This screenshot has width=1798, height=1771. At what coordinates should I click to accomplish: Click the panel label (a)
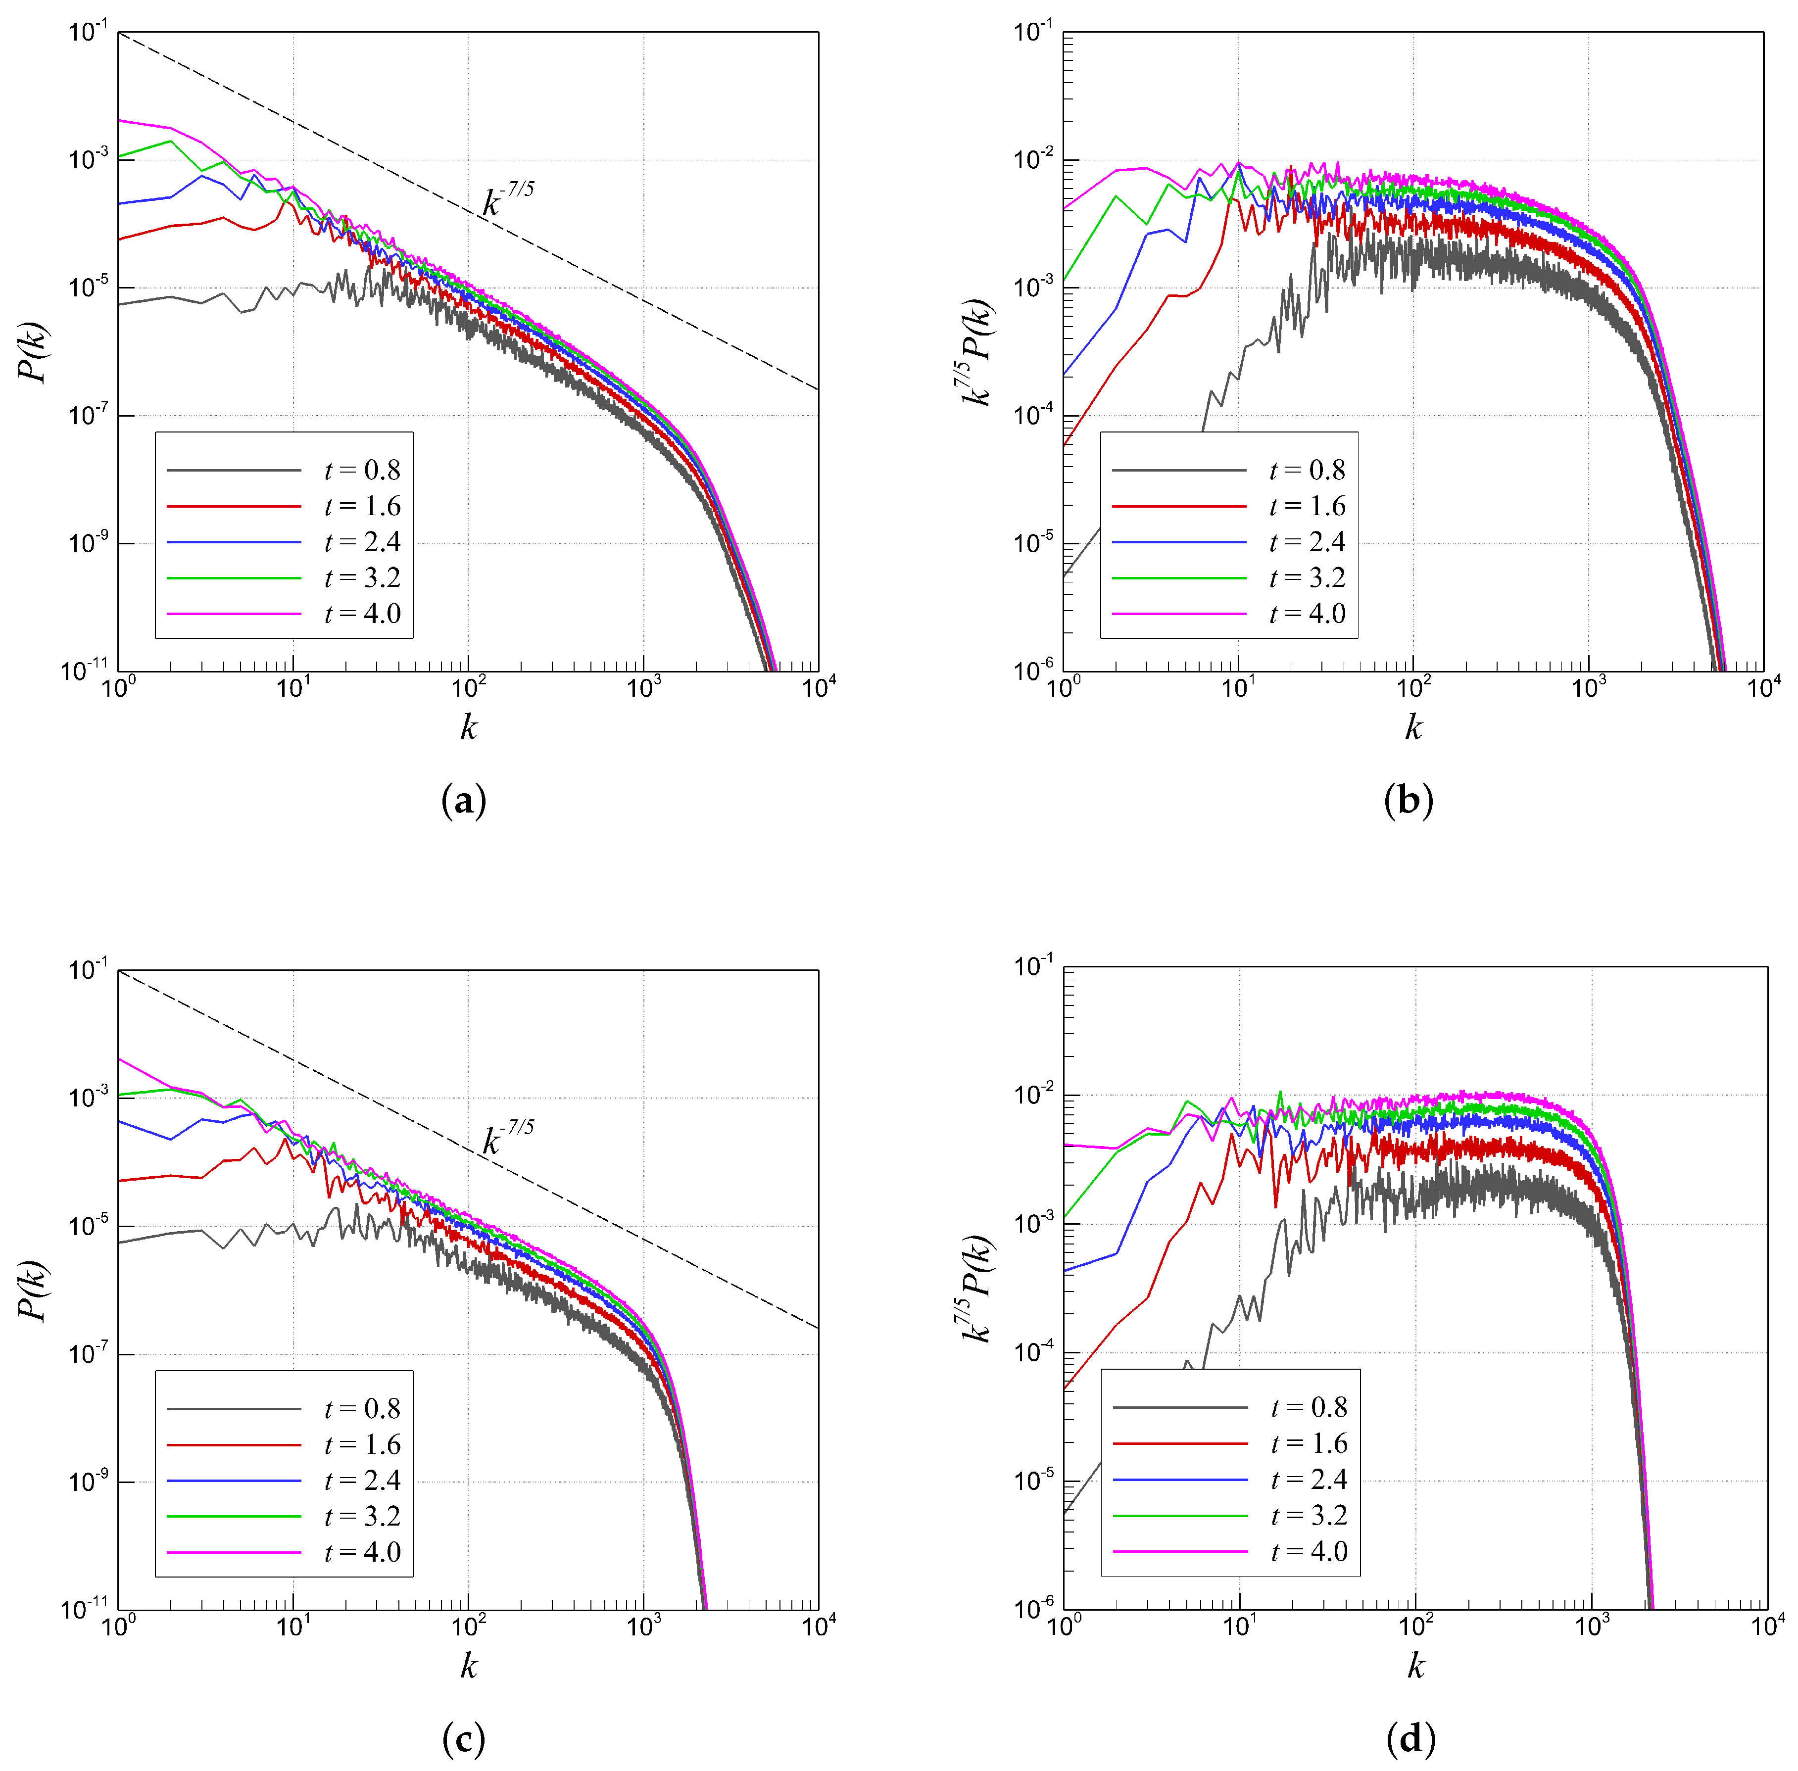(x=463, y=801)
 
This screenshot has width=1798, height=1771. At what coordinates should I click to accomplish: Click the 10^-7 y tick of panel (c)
(x=89, y=1352)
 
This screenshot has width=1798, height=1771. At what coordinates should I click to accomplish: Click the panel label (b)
(x=1409, y=801)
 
